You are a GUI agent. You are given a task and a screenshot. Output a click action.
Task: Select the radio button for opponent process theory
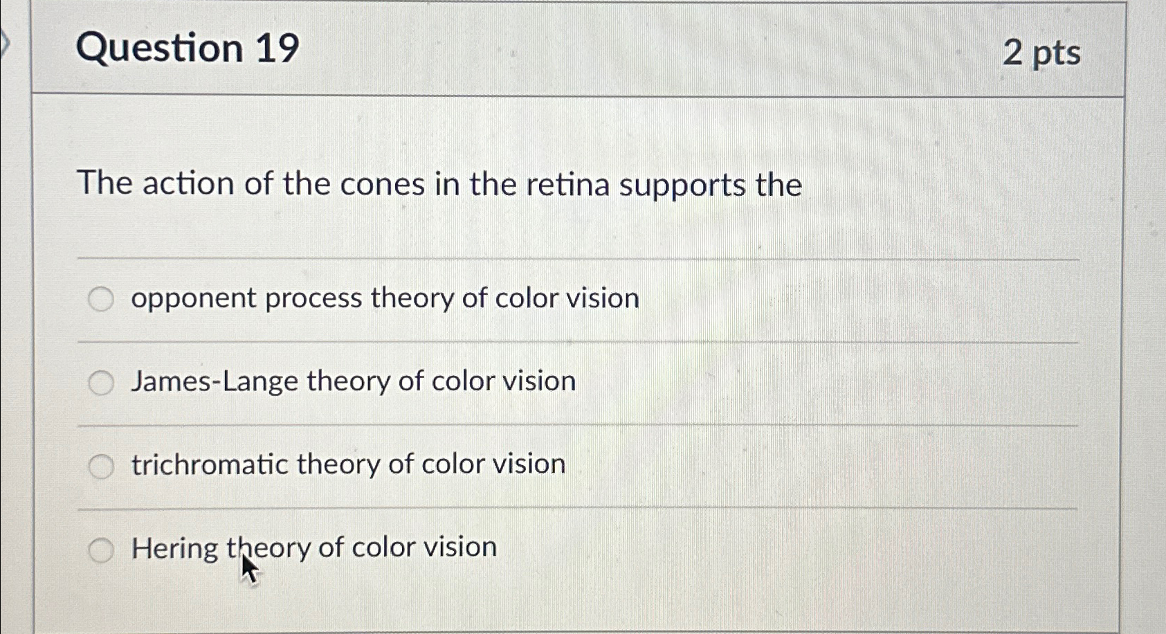pos(101,299)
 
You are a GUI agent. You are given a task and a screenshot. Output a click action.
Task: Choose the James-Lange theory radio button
pos(101,383)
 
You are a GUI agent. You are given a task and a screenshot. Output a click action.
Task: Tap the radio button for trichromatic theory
pos(101,466)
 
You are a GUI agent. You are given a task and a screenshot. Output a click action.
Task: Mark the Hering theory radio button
pos(101,550)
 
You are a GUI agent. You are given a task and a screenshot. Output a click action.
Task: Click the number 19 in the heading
pos(277,48)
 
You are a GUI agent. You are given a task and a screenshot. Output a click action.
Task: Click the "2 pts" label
pos(1041,53)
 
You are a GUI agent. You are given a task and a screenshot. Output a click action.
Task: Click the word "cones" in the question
pos(383,184)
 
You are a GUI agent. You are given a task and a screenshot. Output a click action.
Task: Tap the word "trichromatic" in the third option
pos(210,464)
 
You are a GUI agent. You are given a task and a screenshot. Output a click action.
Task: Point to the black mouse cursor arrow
pos(250,568)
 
